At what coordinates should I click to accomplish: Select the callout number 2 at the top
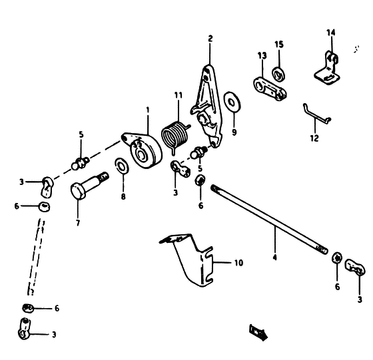coord(210,39)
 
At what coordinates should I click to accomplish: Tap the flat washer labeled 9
coord(232,101)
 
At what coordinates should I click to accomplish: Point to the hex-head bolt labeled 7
coord(89,185)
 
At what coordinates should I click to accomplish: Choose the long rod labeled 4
coord(269,219)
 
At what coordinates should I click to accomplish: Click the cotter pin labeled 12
coord(316,114)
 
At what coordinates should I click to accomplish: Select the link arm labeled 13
coord(269,89)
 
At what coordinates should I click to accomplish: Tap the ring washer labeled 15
coord(278,74)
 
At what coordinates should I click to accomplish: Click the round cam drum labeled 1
coord(142,150)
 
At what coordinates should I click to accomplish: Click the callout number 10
coord(239,263)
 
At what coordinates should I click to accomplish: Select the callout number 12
coord(314,138)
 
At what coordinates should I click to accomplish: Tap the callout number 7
coord(78,223)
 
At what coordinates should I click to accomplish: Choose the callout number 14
coord(330,33)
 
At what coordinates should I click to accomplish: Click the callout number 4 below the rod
coord(274,258)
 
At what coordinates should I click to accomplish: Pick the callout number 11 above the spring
coord(179,95)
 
